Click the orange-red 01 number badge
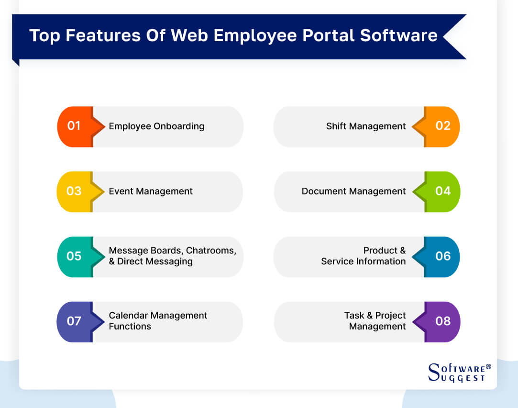coord(75,126)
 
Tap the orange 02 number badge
coord(442,126)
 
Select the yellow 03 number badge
coord(75,192)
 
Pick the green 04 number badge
coord(442,192)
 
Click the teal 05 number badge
coord(75,256)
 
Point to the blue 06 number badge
coord(442,256)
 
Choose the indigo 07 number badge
coord(75,321)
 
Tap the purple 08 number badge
coord(442,321)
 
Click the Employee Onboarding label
coord(156,126)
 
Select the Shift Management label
coord(366,126)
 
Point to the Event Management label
coord(151,192)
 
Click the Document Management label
coord(353,192)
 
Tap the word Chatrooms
coord(210,250)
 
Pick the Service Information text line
coord(363,261)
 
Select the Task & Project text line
coord(375,316)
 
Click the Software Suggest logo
coord(457,373)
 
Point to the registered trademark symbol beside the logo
coord(488,367)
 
